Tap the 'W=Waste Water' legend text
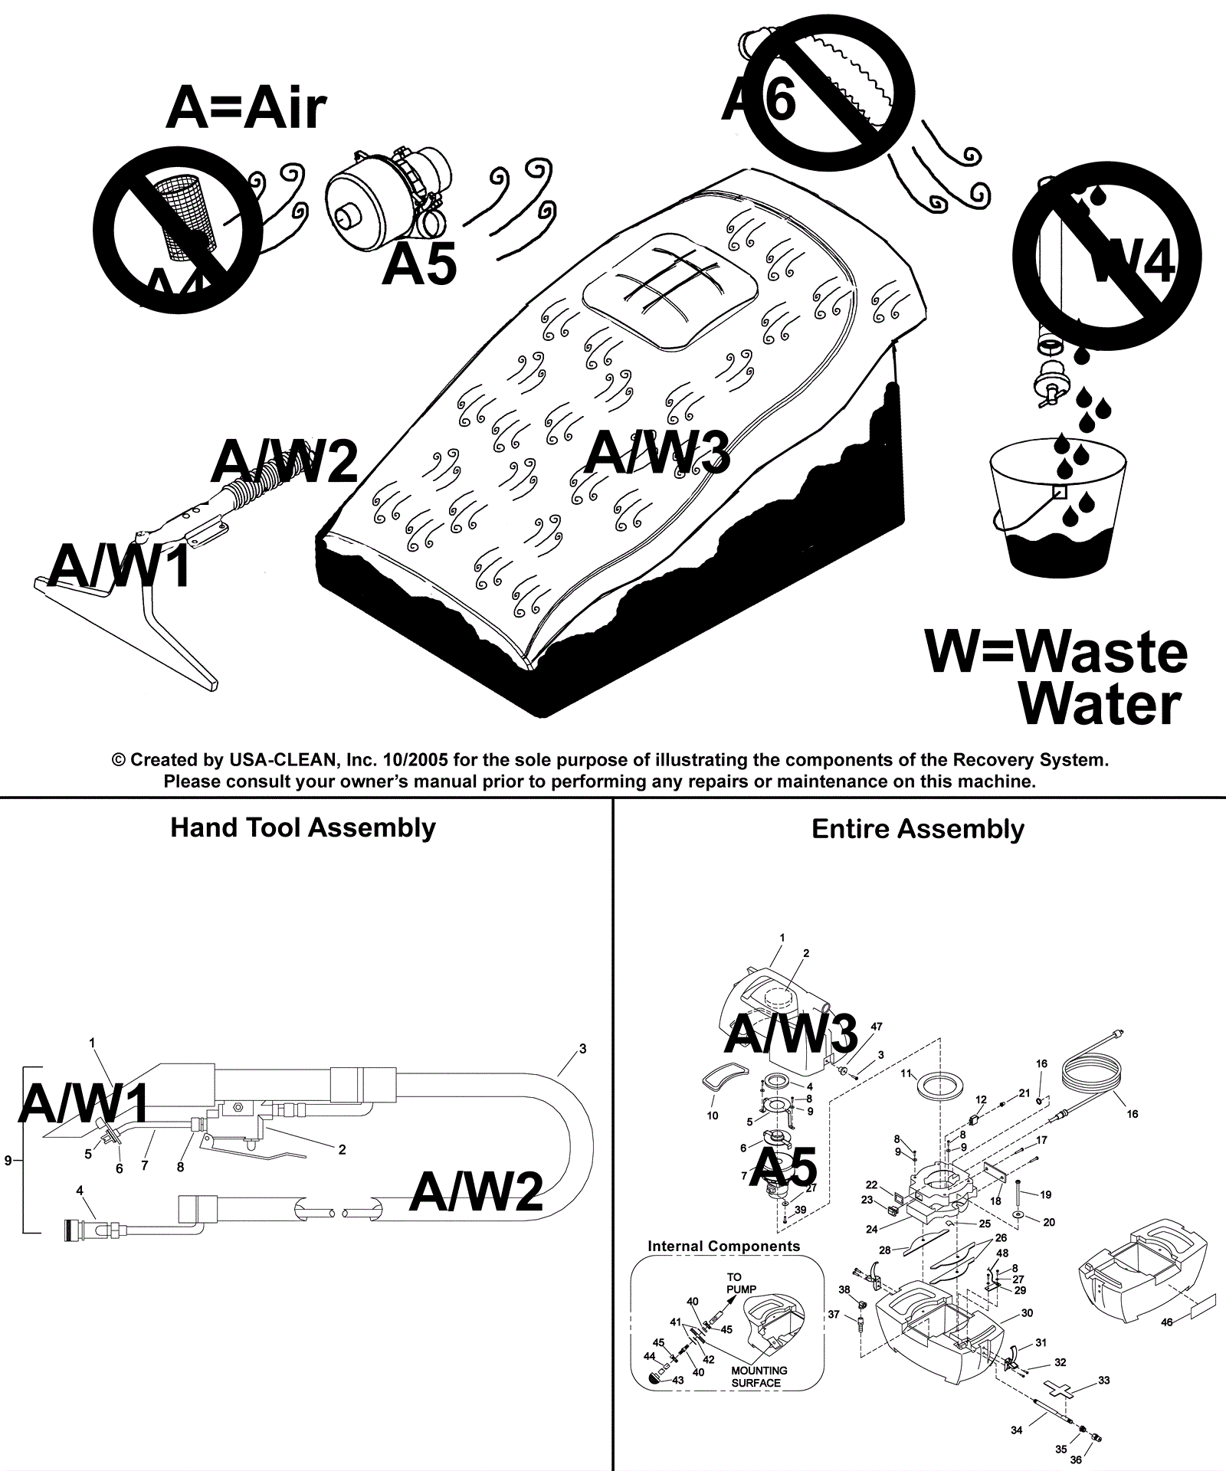coord(1057,678)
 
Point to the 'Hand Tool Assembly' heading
coord(303,827)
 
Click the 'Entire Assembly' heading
coord(917,829)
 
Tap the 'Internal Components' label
coord(723,1247)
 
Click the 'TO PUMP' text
coord(735,1283)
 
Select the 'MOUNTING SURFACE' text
coord(758,1377)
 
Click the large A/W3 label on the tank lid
coord(657,452)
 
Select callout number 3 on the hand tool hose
coord(582,1049)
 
